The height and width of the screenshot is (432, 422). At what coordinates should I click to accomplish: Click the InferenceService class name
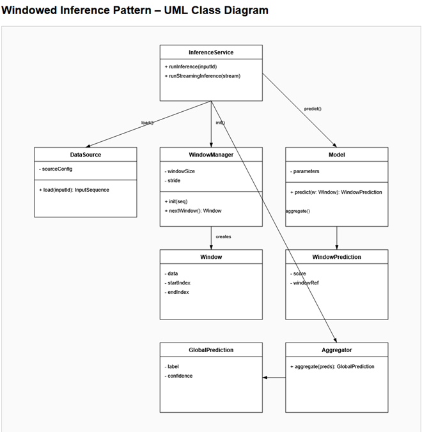click(x=211, y=52)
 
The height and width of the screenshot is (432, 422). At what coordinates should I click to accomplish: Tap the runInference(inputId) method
click(x=192, y=66)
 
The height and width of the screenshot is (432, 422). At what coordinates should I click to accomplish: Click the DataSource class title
click(x=85, y=155)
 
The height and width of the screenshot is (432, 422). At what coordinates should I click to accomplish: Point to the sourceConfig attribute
click(x=56, y=169)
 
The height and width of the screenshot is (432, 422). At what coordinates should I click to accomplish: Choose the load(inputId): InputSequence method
click(x=74, y=190)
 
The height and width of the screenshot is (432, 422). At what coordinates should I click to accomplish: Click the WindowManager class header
click(x=211, y=155)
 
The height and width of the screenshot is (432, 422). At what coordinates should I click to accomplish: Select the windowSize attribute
click(x=181, y=171)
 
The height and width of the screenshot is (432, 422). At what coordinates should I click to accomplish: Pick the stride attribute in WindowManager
click(x=173, y=181)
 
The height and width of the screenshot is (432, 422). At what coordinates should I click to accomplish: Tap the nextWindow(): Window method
click(x=193, y=210)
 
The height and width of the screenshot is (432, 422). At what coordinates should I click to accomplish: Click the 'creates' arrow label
click(x=223, y=236)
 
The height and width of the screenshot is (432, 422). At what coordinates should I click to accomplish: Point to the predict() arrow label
click(x=313, y=109)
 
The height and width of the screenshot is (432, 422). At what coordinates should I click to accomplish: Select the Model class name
click(x=336, y=155)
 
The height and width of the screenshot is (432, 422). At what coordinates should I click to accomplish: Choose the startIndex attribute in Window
click(x=179, y=282)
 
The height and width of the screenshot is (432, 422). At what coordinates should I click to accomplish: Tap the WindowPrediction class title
click(x=336, y=257)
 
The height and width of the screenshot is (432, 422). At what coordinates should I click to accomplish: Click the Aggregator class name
click(x=336, y=350)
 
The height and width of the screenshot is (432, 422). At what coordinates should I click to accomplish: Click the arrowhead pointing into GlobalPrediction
click(x=265, y=378)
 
